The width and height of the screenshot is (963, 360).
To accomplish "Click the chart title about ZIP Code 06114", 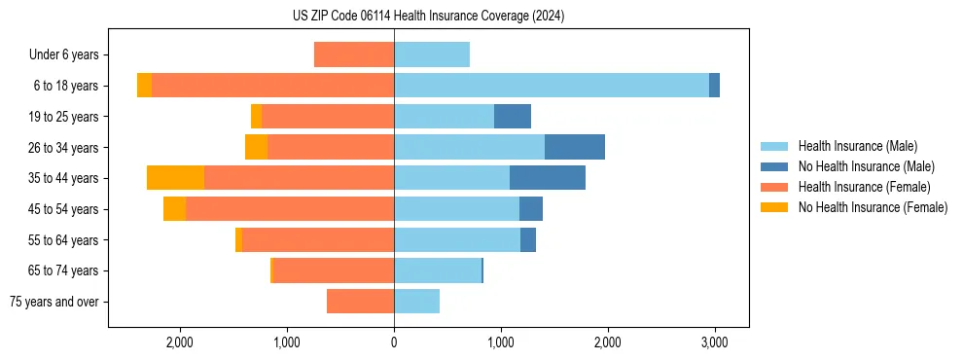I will (x=428, y=16).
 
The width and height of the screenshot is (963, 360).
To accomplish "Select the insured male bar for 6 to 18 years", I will (x=552, y=86).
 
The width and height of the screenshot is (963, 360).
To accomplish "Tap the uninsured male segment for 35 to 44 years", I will (x=548, y=178).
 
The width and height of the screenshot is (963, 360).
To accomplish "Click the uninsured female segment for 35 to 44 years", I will (x=176, y=178).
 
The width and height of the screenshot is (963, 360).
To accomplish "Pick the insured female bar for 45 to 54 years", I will (x=290, y=209).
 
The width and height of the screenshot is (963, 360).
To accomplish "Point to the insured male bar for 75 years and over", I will (x=416, y=302).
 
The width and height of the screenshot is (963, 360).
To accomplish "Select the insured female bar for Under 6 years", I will (x=354, y=54).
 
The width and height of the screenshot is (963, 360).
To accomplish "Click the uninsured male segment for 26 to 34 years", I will (x=575, y=147).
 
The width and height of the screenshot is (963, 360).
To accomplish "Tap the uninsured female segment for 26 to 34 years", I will (x=256, y=147).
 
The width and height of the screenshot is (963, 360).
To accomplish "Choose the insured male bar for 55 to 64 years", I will (x=457, y=240).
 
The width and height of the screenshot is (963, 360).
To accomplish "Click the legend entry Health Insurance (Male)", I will (x=857, y=146).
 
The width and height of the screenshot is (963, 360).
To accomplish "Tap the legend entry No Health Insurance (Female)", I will (x=873, y=207).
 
